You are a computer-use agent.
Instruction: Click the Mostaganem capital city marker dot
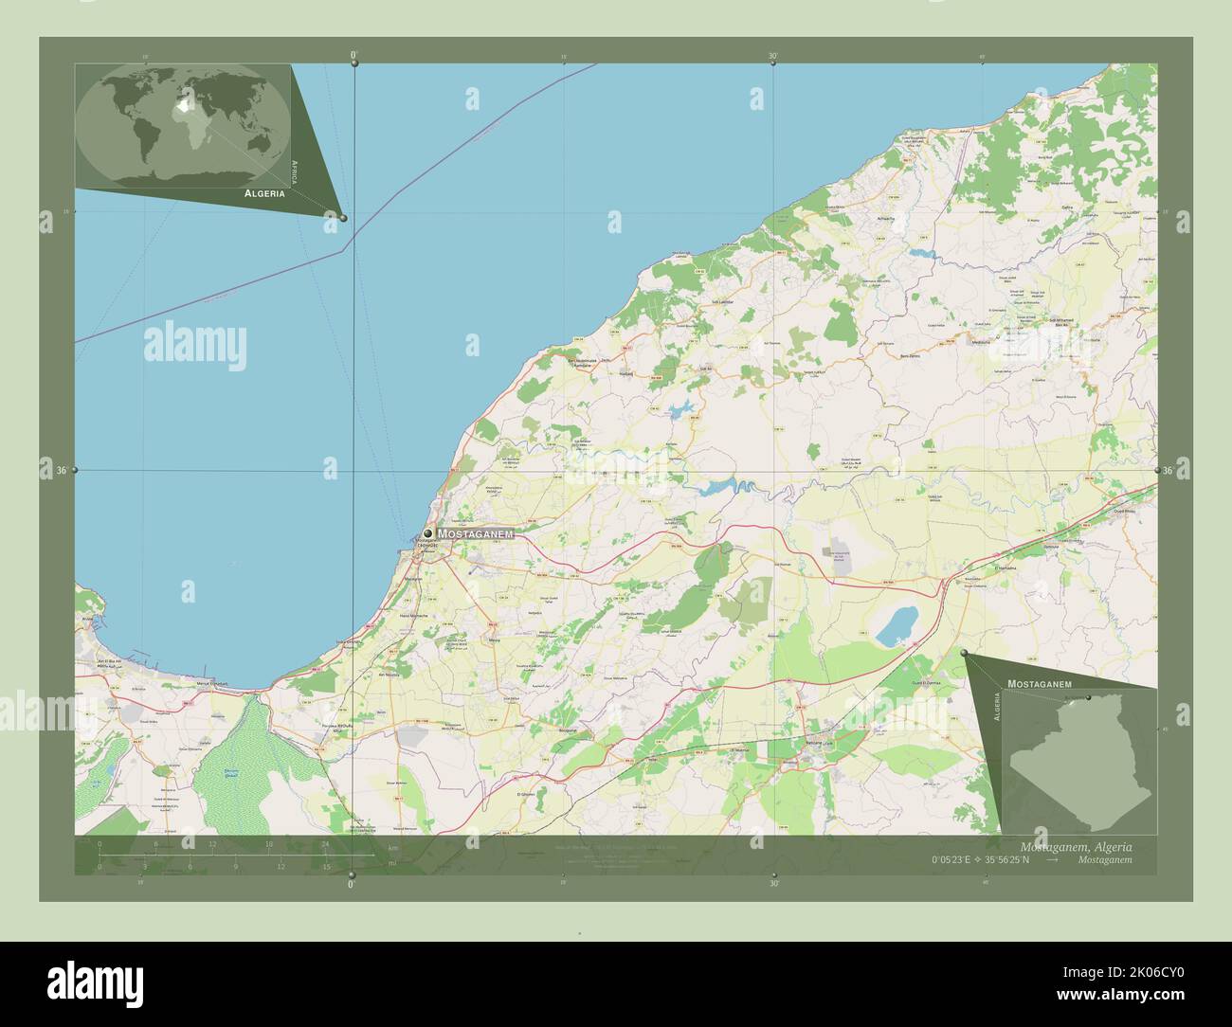coord(428,533)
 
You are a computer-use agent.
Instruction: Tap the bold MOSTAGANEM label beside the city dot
coord(475,534)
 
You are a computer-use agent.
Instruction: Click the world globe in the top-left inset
coord(183,123)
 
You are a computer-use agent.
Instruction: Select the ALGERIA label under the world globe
coord(264,192)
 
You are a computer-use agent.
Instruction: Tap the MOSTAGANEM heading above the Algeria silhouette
coord(1039,683)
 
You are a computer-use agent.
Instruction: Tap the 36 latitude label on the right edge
coord(1168,470)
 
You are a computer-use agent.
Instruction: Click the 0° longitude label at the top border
coord(354,56)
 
